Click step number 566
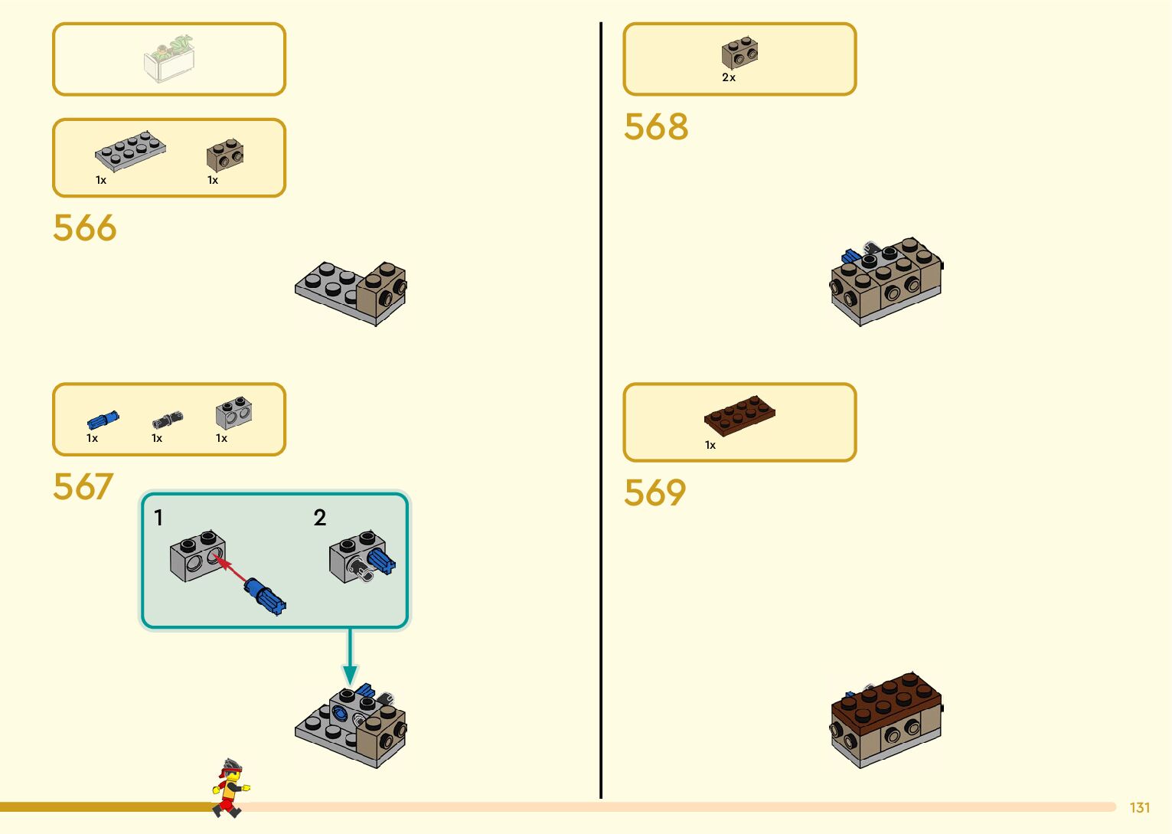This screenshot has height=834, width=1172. pyautogui.click(x=84, y=228)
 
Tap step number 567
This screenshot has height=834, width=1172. pyautogui.click(x=83, y=487)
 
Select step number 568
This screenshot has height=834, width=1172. pyautogui.click(x=656, y=127)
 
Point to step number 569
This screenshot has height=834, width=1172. pyautogui.click(x=655, y=493)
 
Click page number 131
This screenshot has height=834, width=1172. pyautogui.click(x=1139, y=807)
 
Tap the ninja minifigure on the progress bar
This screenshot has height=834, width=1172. pyautogui.click(x=229, y=788)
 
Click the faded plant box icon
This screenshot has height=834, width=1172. pyautogui.click(x=169, y=58)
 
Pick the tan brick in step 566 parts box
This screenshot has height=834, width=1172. pyautogui.click(x=225, y=155)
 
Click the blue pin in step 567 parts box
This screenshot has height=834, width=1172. pyautogui.click(x=103, y=420)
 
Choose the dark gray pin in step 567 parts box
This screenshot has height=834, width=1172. pyautogui.click(x=167, y=420)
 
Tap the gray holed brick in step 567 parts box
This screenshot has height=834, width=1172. pyautogui.click(x=233, y=413)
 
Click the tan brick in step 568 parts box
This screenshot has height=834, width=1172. pyautogui.click(x=739, y=53)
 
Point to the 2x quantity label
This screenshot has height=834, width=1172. pyautogui.click(x=729, y=77)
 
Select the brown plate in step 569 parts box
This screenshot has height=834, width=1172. pyautogui.click(x=739, y=414)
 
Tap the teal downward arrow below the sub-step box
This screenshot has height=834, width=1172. pyautogui.click(x=350, y=659)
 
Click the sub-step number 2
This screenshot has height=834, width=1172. pyautogui.click(x=320, y=518)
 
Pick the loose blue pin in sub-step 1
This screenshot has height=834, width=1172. pyautogui.click(x=265, y=596)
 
